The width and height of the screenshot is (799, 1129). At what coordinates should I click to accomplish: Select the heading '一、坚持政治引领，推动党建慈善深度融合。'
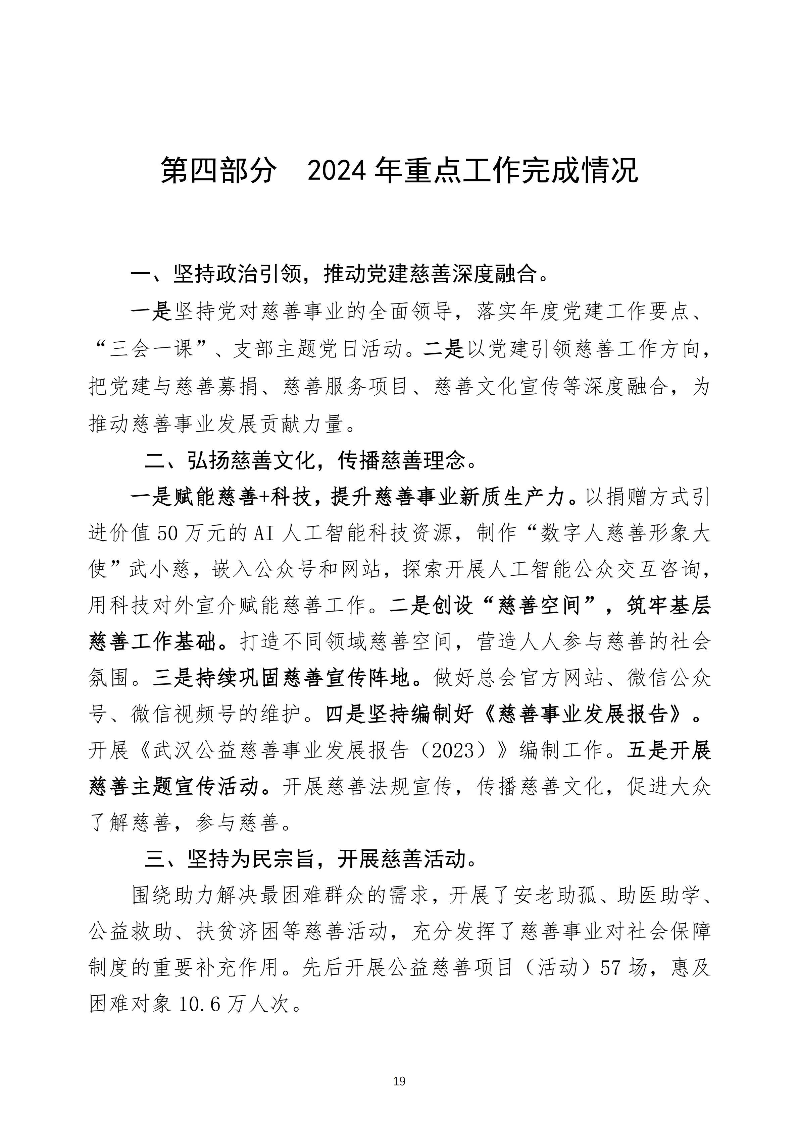340,274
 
